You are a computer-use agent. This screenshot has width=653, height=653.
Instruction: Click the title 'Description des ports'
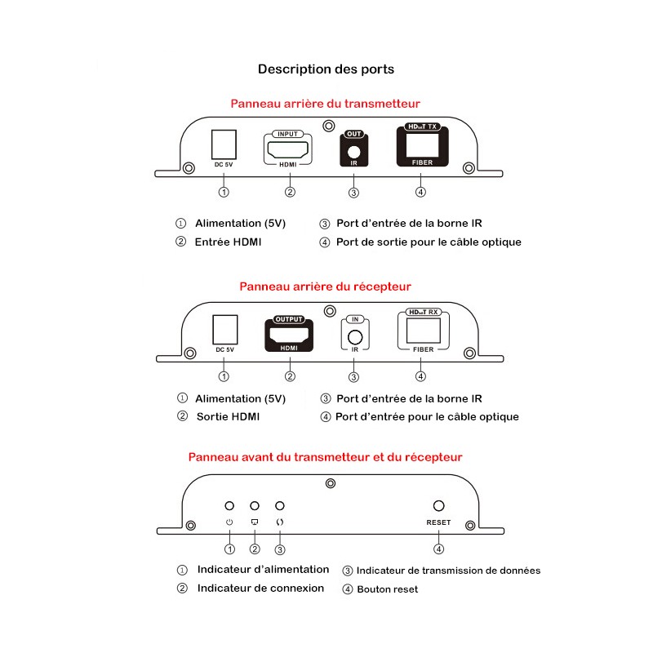coord(326,69)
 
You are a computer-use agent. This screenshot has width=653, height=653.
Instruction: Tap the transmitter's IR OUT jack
coord(353,150)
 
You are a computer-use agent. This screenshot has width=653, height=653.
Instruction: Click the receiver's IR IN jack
coord(353,336)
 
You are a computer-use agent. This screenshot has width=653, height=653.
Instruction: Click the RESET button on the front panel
coord(438,507)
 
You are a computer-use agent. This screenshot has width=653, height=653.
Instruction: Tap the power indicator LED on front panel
coord(230,507)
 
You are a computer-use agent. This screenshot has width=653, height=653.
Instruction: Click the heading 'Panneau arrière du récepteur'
coord(325,287)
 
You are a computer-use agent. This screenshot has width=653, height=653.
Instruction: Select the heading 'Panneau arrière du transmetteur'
coord(325,104)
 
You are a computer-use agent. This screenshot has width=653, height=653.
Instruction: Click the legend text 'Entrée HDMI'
coord(229,242)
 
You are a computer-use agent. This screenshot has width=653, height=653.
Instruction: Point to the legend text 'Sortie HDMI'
coord(229,416)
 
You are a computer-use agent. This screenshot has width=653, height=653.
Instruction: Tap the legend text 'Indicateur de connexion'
coord(260,588)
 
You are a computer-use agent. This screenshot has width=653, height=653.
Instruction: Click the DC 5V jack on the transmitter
coord(224,145)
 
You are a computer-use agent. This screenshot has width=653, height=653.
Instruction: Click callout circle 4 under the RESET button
coord(439,549)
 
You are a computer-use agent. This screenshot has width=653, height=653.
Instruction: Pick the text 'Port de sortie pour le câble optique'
coord(429,242)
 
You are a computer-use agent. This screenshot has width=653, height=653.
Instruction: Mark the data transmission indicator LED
coord(280,507)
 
